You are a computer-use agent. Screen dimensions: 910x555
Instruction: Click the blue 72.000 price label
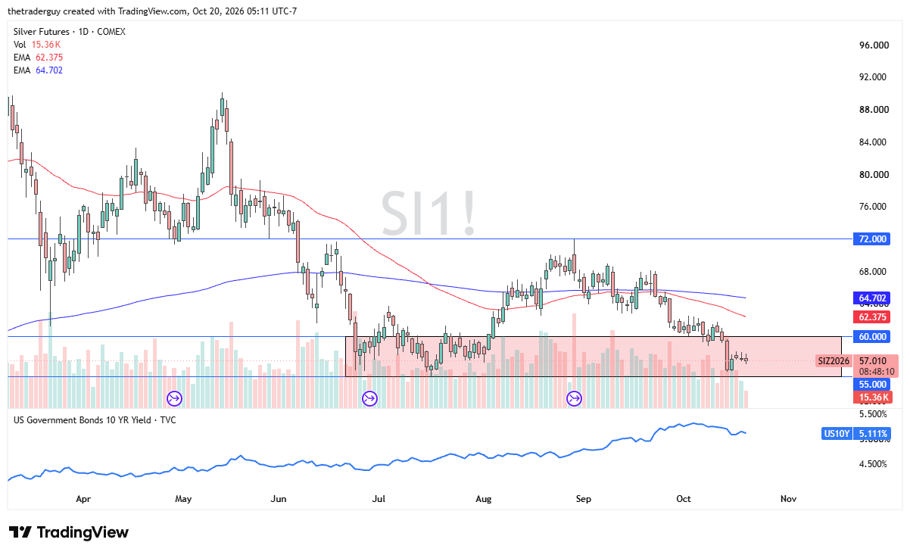pyautogui.click(x=872, y=239)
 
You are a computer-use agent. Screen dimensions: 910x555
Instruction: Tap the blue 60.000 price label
pyautogui.click(x=872, y=336)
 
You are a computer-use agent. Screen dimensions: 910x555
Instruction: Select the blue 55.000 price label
pyautogui.click(x=872, y=384)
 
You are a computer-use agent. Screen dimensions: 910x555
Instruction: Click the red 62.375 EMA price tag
pyautogui.click(x=872, y=317)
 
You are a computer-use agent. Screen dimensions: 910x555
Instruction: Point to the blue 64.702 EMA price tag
pyautogui.click(x=872, y=298)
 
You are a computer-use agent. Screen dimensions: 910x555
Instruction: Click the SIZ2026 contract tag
pyautogui.click(x=834, y=361)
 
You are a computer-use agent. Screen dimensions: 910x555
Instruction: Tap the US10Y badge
pyautogui.click(x=837, y=434)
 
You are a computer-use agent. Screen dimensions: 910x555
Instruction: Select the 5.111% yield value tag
pyautogui.click(x=872, y=434)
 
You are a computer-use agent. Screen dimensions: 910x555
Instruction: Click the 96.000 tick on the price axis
pyautogui.click(x=874, y=45)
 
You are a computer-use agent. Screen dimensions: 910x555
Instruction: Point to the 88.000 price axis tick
pyautogui.click(x=874, y=109)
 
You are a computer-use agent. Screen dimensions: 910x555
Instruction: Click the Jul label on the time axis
pyautogui.click(x=379, y=498)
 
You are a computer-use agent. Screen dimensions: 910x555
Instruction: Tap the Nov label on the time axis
pyautogui.click(x=788, y=498)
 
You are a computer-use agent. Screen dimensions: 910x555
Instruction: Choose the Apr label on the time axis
pyautogui.click(x=83, y=498)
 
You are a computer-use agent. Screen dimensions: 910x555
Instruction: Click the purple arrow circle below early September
pyautogui.click(x=574, y=398)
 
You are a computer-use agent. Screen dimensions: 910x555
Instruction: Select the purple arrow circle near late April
pyautogui.click(x=174, y=398)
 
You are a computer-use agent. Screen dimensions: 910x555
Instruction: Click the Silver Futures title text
pyautogui.click(x=42, y=32)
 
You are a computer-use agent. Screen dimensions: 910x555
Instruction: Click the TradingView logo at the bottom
pyautogui.click(x=69, y=532)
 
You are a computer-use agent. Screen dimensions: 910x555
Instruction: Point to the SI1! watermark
pyautogui.click(x=429, y=214)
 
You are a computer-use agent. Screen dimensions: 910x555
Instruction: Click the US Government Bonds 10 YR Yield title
pyautogui.click(x=82, y=420)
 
